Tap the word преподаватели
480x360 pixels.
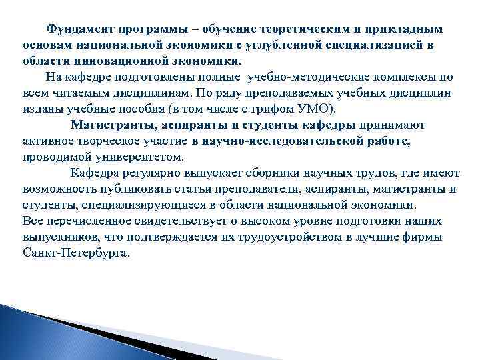(x=243, y=189)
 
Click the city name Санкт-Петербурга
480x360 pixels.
(x=75, y=253)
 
